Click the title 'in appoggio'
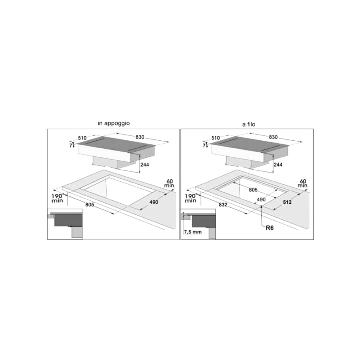[113, 123]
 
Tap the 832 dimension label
[223, 205]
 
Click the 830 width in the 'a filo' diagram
[273, 137]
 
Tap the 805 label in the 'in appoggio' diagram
[90, 205]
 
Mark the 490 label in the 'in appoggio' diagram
[154, 203]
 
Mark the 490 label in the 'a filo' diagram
[261, 200]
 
